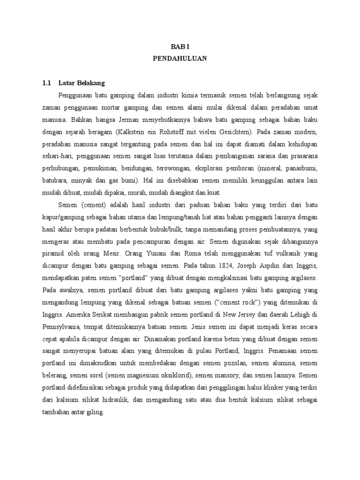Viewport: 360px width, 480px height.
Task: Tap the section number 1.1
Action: [x=46, y=83]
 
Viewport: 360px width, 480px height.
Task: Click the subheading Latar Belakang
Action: [x=82, y=83]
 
